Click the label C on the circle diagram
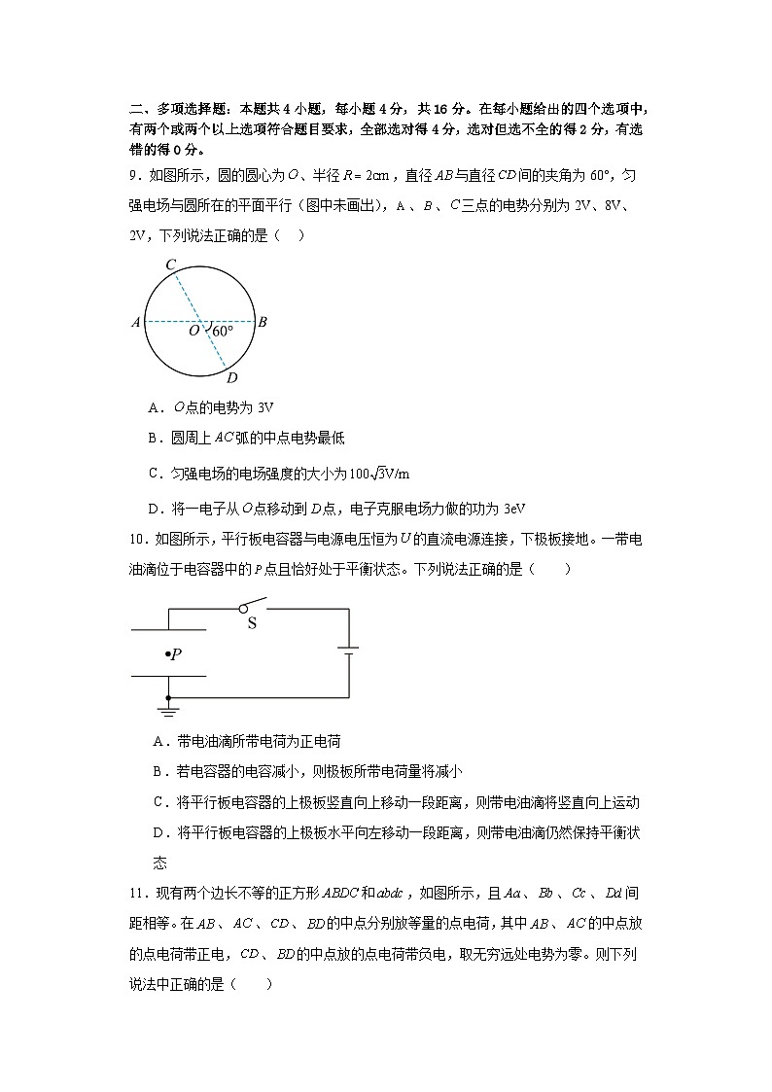(x=170, y=264)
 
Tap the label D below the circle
(x=231, y=378)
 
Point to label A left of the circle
(x=135, y=322)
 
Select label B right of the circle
(x=263, y=322)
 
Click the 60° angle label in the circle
(x=223, y=332)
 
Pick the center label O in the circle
(x=193, y=331)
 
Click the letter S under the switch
(x=251, y=623)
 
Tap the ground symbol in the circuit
(x=168, y=711)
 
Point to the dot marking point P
(x=166, y=654)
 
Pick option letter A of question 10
(x=158, y=741)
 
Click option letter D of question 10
(x=158, y=832)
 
